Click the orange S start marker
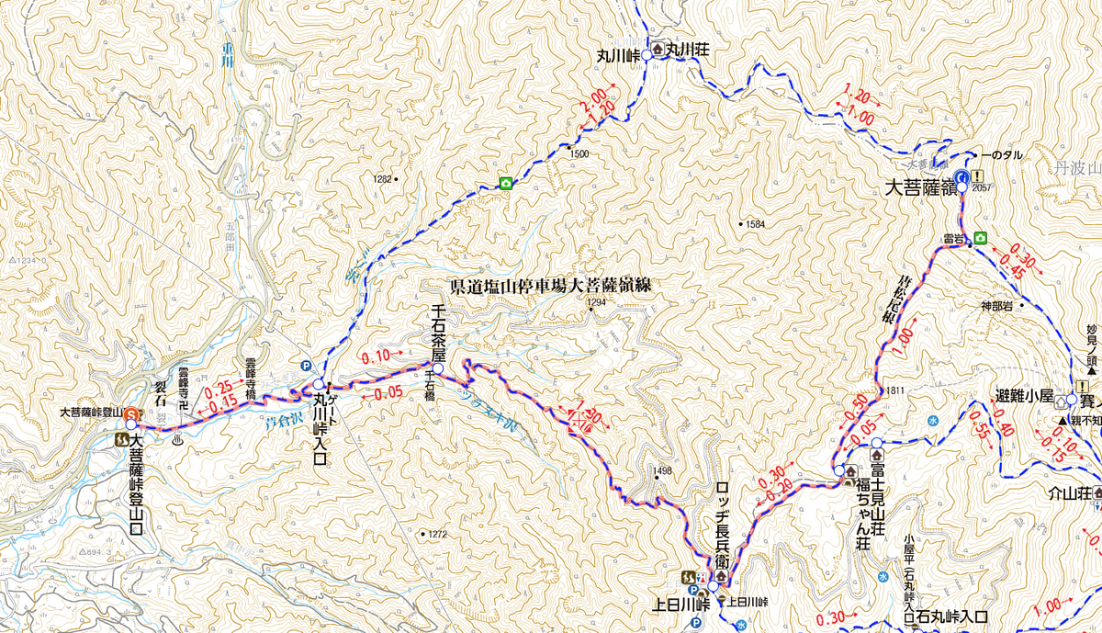coord(131,414)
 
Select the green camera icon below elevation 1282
coord(505,184)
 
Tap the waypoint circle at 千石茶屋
coord(438,369)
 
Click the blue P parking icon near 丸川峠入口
coord(305,365)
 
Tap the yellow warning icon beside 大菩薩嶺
coord(980,176)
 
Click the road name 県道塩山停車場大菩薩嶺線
coord(550,286)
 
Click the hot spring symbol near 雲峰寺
coord(177,440)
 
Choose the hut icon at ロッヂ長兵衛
coord(721,576)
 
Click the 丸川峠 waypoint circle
coord(646,56)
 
